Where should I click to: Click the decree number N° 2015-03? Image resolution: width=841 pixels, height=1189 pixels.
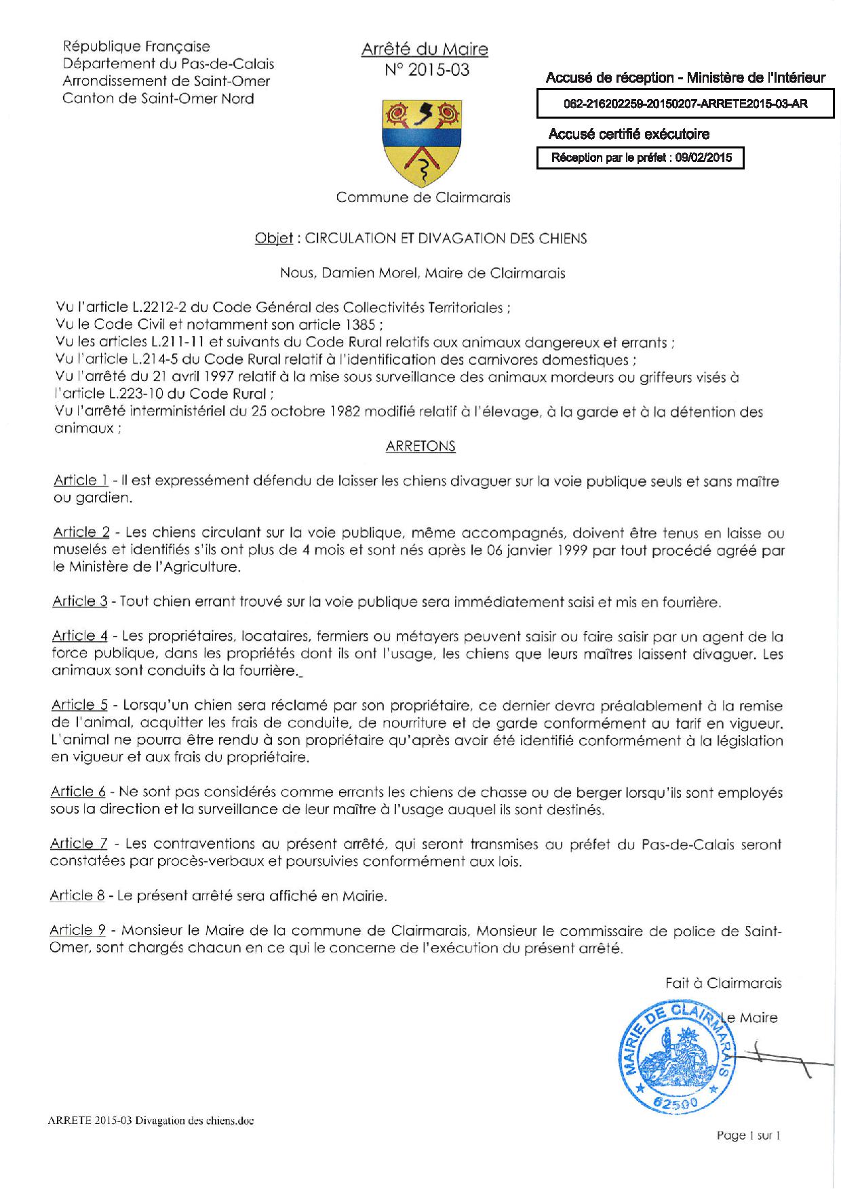tap(427, 70)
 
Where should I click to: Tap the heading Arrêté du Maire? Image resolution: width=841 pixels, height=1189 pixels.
tap(425, 49)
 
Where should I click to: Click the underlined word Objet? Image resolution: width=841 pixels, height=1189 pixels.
tap(273, 238)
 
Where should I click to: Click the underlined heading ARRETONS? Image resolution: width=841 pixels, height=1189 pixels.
tap(420, 446)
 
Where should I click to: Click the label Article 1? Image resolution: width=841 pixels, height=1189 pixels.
tap(81, 481)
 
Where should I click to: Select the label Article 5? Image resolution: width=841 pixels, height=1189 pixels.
tap(79, 705)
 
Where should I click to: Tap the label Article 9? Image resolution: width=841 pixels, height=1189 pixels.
tap(77, 931)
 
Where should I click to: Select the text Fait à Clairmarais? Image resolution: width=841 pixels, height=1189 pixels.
tap(723, 983)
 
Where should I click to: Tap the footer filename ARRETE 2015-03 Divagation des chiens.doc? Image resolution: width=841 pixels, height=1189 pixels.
tap(151, 1121)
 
